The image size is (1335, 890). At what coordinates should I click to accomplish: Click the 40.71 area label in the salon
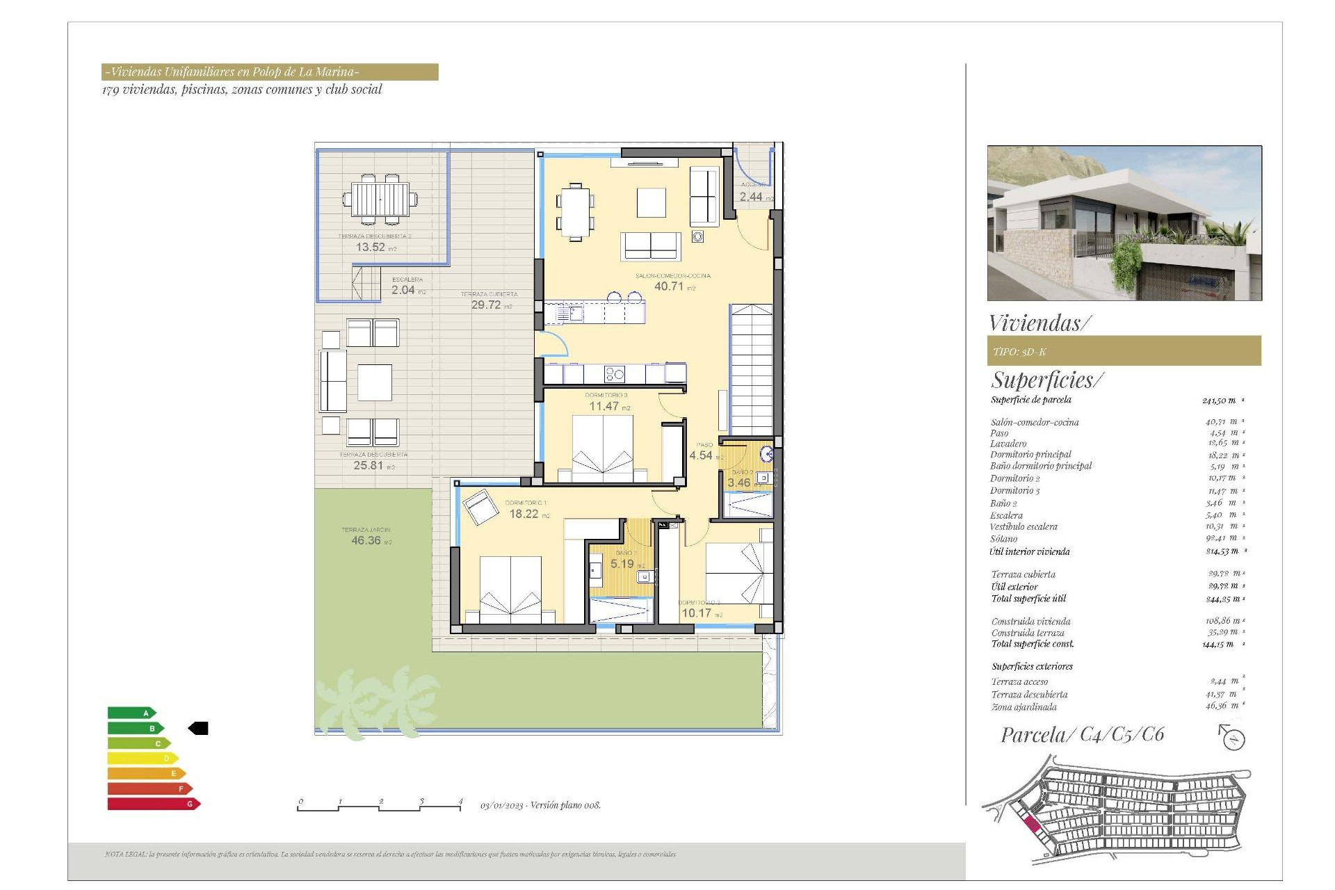pos(669,286)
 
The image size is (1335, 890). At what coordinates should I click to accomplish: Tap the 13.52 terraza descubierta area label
pos(371,247)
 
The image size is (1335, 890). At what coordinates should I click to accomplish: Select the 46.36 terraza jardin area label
pos(366,540)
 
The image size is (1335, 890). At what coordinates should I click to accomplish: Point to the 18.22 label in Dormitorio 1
pos(524,514)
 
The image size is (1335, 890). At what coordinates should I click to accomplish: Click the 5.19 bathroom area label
pos(622,564)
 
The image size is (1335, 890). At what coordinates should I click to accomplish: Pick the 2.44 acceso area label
pos(751,197)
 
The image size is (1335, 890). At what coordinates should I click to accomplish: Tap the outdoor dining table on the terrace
pos(380,200)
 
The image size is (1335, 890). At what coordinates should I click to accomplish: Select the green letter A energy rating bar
pos(131,713)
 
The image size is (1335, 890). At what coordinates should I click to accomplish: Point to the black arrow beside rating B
pos(199,728)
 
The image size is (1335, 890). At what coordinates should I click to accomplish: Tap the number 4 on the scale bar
pos(460,802)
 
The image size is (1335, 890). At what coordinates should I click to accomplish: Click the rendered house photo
pos(1124,222)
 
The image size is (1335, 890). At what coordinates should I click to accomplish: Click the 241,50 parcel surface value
pos(1218,400)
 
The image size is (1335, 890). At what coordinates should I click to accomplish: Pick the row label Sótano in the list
pos(1003,539)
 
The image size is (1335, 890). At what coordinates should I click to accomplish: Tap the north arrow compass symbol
pos(1232,738)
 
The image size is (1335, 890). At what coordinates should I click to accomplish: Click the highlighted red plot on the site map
pos(1032,825)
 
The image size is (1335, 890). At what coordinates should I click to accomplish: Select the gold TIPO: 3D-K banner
pos(1124,351)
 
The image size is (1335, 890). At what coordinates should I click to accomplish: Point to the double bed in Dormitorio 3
pos(602,448)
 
